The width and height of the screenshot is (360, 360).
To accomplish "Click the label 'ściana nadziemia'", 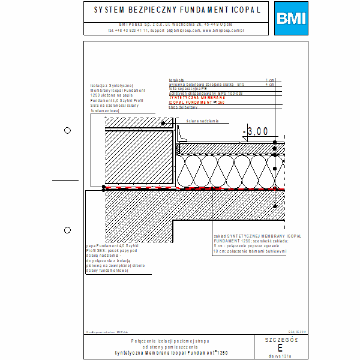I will pyautogui.click(x=202, y=121).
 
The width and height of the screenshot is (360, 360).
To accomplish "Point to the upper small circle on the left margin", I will pyautogui.click(x=67, y=130).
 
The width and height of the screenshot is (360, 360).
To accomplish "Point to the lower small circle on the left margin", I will pyautogui.click(x=67, y=229).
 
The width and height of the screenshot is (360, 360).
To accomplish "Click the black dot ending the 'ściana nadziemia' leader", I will pyautogui.click(x=172, y=122).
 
